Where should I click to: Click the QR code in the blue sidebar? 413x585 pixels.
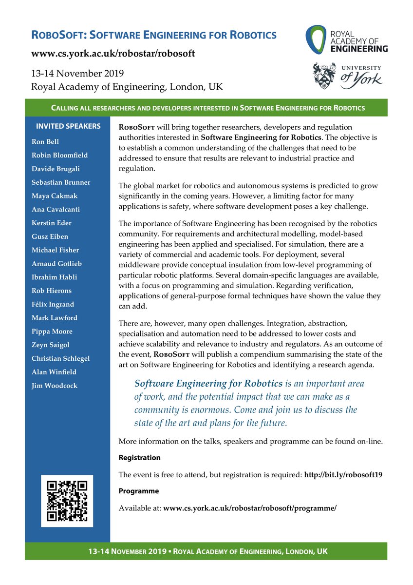click(67, 501)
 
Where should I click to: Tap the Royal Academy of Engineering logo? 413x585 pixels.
click(347, 40)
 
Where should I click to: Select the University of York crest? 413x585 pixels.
click(324, 76)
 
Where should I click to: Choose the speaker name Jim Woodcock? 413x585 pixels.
click(54, 385)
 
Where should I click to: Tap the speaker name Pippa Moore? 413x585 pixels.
click(52, 331)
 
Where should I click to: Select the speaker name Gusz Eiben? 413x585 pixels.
click(50, 236)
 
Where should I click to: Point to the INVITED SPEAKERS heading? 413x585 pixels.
click(68, 126)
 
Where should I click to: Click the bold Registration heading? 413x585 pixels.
click(140, 458)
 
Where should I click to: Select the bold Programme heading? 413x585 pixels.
click(139, 491)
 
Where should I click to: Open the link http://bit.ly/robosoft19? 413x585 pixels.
click(343, 474)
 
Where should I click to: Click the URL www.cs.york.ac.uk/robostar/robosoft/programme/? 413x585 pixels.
click(250, 507)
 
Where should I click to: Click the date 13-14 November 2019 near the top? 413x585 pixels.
click(77, 74)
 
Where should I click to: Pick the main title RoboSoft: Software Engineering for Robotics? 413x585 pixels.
click(154, 35)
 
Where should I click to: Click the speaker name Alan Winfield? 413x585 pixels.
click(54, 371)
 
